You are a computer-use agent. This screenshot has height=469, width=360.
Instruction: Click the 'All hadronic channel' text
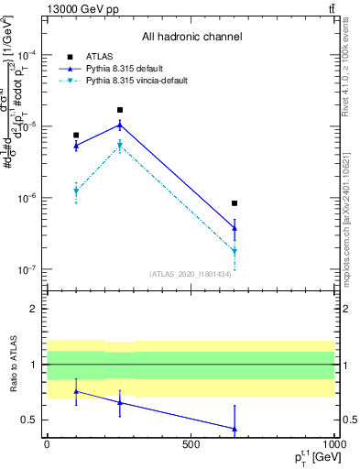[191, 38]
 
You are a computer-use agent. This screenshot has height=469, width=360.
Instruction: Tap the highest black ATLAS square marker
[120, 110]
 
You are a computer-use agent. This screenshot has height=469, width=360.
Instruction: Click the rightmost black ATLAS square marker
[235, 203]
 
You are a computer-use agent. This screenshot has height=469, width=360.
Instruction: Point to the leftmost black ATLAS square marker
[76, 136]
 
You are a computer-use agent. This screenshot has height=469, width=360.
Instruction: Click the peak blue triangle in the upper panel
[120, 125]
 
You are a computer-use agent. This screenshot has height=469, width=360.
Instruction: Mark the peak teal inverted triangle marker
[120, 146]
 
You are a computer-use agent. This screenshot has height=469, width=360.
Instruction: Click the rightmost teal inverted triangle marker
[235, 251]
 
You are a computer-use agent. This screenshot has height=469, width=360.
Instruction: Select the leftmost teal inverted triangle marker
[76, 191]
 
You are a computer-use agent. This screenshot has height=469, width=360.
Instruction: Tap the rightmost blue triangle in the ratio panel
[235, 428]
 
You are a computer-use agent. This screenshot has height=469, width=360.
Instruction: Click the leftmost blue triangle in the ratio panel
[76, 391]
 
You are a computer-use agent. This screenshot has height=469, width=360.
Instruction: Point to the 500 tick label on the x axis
[191, 443]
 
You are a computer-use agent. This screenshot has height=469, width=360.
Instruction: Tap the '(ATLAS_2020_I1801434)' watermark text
[191, 274]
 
